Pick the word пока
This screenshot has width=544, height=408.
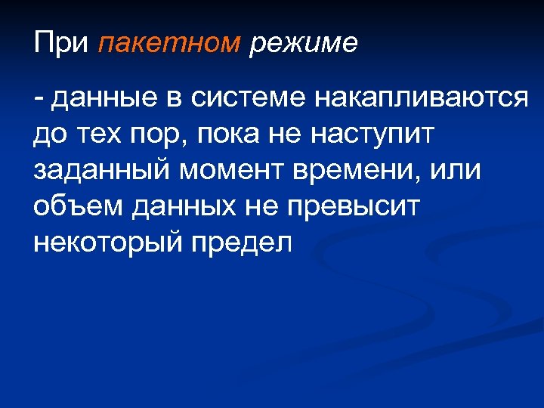click(227, 134)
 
